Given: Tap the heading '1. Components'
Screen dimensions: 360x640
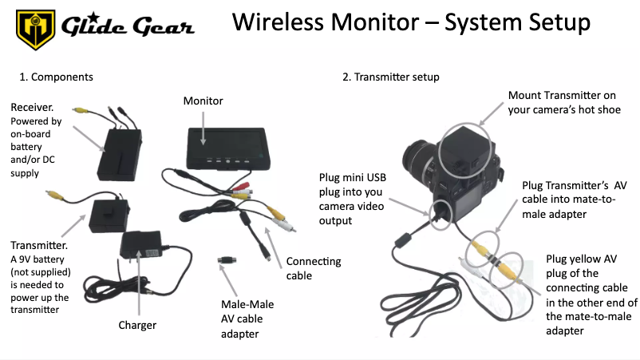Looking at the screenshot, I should coord(57,77).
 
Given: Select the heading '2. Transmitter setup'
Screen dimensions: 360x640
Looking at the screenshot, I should coord(391,77).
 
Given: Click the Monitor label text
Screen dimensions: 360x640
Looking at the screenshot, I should coord(203,101).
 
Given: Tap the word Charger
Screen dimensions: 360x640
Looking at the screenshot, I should coord(137,325).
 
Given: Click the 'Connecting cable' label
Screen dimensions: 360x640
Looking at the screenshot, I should coord(313,268).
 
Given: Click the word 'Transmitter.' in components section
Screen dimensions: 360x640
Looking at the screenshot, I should coord(37,246).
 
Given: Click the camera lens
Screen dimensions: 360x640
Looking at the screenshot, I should coord(418,164).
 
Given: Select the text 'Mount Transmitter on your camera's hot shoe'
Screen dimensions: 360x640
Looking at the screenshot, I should coord(563,103).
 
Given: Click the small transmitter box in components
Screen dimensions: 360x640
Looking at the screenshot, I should coord(111,216).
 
